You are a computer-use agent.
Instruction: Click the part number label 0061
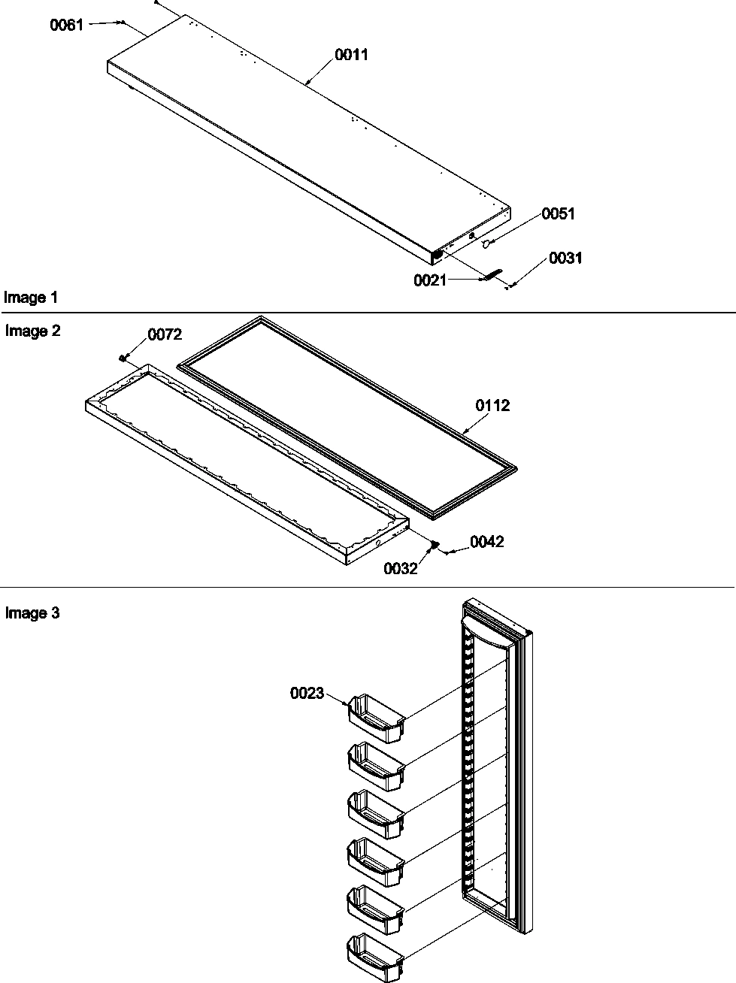(66, 26)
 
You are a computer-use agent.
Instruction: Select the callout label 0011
(351, 56)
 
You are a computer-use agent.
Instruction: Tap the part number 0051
(558, 214)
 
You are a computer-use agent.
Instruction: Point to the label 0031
(565, 259)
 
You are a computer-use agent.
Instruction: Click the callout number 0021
(429, 281)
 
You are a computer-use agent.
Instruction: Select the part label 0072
(164, 335)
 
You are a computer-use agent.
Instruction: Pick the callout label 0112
(492, 406)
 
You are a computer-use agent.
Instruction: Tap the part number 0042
(486, 542)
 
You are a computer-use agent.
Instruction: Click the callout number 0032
(400, 569)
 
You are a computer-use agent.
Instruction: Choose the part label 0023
(307, 694)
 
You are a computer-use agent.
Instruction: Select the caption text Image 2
(32, 331)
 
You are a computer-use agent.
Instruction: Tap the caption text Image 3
(32, 614)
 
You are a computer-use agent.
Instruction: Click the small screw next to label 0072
(122, 358)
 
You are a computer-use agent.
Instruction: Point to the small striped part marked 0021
(491, 274)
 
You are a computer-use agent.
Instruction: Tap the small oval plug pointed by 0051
(486, 243)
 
